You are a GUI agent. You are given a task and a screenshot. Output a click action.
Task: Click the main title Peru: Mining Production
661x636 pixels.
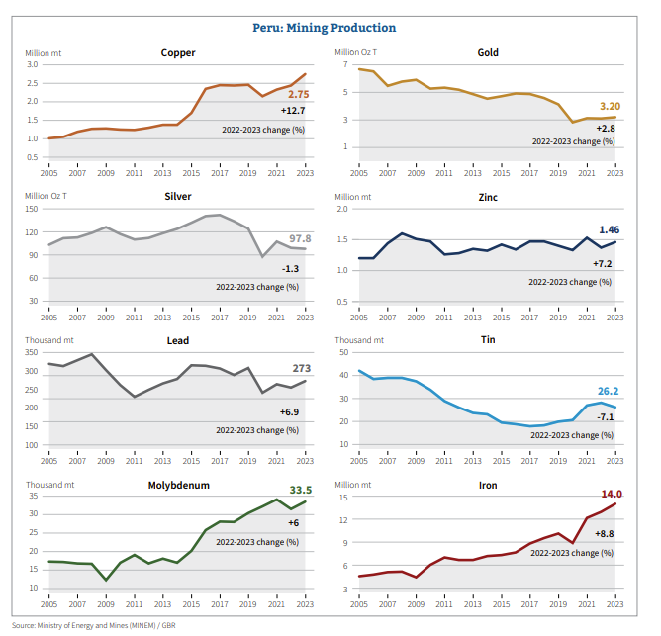click(330, 28)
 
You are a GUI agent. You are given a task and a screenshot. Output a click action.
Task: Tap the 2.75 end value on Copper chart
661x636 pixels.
click(298, 93)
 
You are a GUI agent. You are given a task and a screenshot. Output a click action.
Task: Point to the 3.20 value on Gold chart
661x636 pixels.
click(610, 106)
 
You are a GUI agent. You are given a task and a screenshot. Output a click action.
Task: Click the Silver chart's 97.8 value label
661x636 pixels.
click(300, 238)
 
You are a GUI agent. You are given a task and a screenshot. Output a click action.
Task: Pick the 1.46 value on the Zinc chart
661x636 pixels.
click(610, 229)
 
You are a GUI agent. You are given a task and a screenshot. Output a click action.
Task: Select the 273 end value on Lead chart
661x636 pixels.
click(301, 367)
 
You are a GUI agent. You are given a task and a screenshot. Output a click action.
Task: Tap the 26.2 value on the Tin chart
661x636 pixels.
click(609, 391)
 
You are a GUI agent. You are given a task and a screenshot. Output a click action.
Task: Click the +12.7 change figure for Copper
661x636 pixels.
click(293, 111)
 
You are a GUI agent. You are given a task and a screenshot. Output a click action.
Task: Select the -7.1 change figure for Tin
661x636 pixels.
click(609, 416)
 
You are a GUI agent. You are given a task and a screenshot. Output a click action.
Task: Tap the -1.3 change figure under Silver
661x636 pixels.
click(291, 269)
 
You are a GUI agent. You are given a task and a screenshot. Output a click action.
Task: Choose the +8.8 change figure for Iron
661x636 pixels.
click(605, 534)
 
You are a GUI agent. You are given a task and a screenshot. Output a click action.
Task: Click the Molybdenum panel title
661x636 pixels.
click(178, 486)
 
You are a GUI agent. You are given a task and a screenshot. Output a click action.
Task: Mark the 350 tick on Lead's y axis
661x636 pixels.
click(32, 353)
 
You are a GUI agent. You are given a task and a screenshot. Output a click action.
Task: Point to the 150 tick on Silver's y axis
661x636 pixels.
click(32, 210)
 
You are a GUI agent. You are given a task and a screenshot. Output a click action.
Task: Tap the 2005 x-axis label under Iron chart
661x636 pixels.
click(358, 603)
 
